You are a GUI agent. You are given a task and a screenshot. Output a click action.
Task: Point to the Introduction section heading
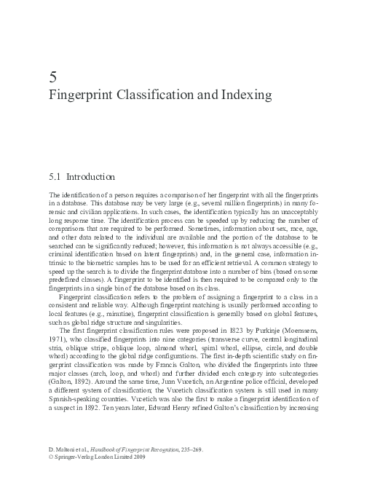click(92, 176)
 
